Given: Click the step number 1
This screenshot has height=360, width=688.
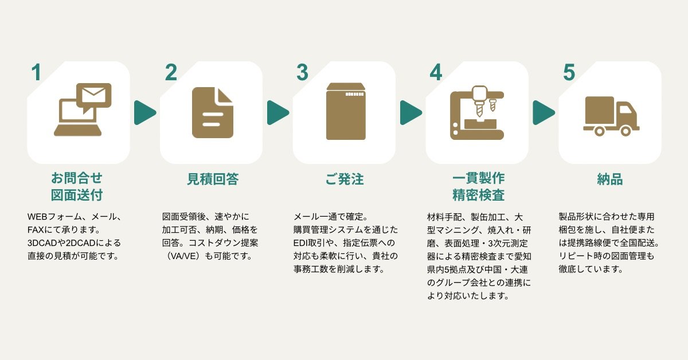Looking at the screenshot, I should tap(37, 73).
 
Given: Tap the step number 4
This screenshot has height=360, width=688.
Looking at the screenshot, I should tap(436, 73).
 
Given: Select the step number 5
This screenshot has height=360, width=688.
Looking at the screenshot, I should tap(569, 73).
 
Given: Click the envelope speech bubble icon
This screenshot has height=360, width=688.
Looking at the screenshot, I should tap(95, 96).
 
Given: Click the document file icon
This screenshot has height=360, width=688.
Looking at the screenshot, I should tap(212, 112).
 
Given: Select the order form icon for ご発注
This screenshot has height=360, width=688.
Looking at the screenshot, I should tap(345, 112).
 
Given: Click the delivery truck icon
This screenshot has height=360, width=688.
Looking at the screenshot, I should tap(611, 116).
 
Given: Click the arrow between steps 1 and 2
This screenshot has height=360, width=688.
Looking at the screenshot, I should tap(144, 112).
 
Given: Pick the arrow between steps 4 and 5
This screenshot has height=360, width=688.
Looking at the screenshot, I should tap(543, 112).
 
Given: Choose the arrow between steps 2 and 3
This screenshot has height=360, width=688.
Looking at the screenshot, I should tap(277, 112).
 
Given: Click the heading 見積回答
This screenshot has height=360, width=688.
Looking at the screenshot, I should tap(212, 179).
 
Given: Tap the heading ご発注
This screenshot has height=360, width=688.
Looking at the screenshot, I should tap(345, 179).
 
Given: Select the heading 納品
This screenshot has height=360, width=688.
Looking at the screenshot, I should tap(610, 179).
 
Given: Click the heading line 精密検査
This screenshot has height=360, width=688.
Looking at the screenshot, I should tap(478, 195).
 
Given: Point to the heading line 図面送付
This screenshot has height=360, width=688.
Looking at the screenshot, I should tap(77, 195).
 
